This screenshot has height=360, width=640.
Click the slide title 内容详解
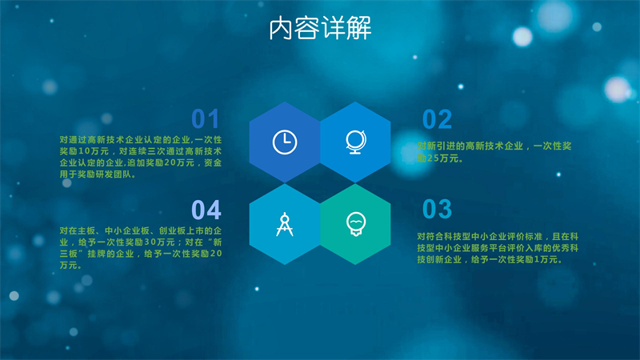point(321,28)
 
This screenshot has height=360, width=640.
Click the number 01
point(206,119)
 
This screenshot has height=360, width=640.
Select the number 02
point(437,119)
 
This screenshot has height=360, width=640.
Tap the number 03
point(437,209)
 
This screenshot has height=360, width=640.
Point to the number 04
point(206,210)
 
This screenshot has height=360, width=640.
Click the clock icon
point(285,142)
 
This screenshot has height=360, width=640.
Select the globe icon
point(356,142)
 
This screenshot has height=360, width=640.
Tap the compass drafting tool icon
point(285,224)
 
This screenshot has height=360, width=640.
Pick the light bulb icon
point(356,224)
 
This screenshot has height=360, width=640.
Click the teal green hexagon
point(355,224)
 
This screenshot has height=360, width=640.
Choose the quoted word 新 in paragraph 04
point(217,242)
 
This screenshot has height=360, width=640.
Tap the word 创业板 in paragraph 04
point(172,231)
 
